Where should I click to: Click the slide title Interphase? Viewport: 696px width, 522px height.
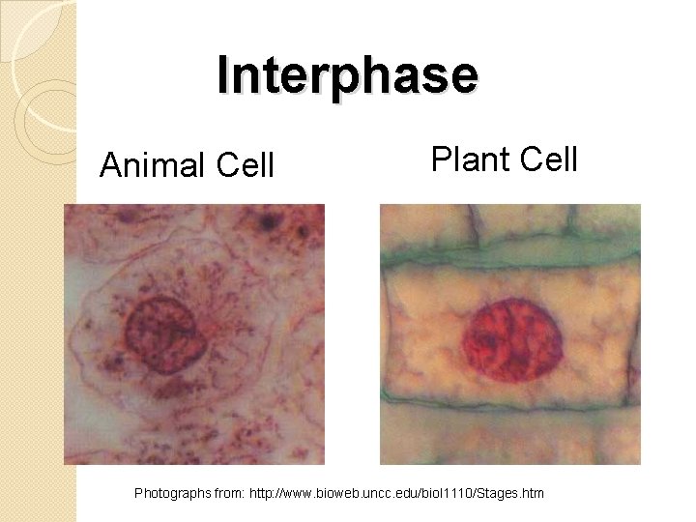click(348, 74)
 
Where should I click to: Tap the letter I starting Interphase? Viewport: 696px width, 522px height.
click(224, 74)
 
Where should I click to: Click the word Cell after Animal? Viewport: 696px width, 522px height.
click(245, 166)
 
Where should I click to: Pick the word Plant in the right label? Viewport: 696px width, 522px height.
click(466, 158)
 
